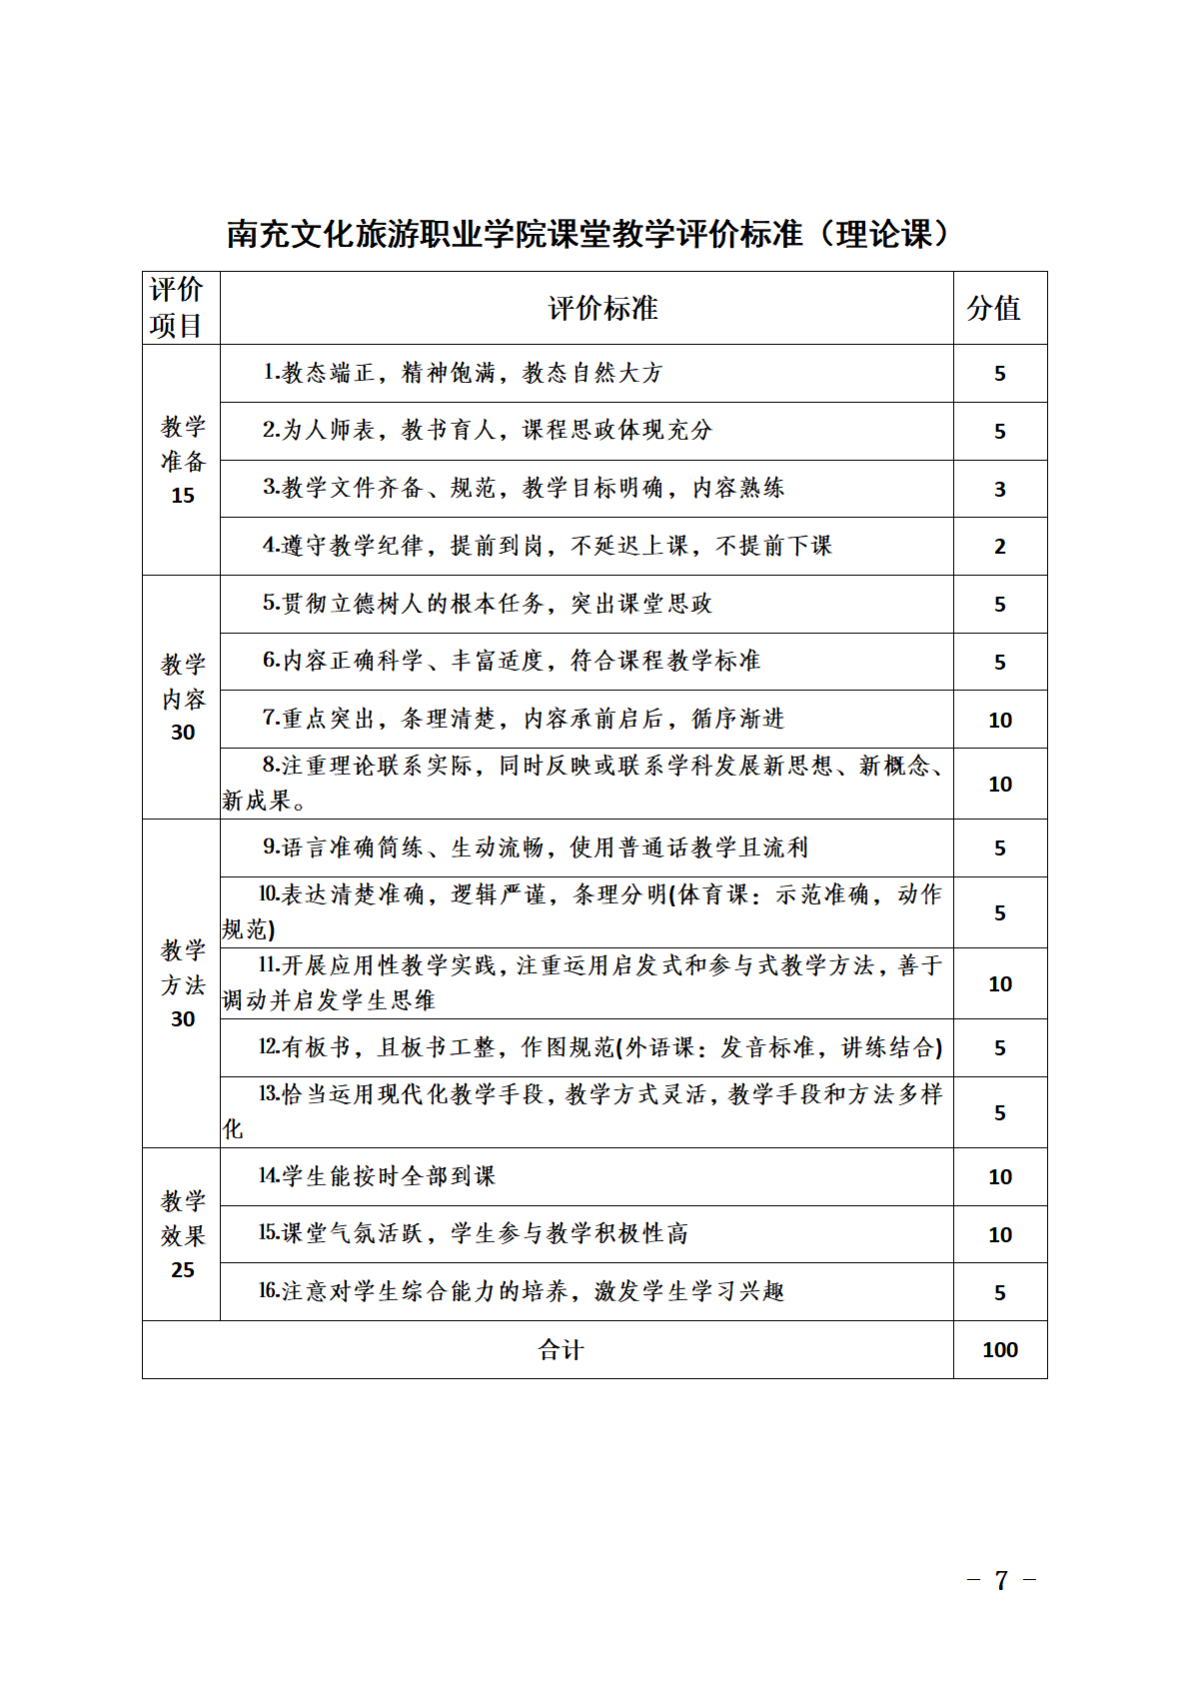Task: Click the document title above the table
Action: coord(588,234)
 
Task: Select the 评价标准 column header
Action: coord(602,309)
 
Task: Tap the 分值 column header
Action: coord(994,309)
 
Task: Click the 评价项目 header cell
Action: coord(177,308)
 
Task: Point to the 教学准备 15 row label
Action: coord(183,460)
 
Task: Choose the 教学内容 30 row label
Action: coord(183,698)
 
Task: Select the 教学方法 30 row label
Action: coord(183,983)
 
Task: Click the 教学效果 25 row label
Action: coord(183,1234)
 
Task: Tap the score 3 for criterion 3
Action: coord(999,490)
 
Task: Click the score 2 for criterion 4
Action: coord(999,547)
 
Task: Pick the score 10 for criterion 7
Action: coord(999,721)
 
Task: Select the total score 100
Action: coord(999,1350)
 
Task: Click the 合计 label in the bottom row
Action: coord(561,1350)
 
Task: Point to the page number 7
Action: coord(1001,1580)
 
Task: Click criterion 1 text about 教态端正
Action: coord(463,374)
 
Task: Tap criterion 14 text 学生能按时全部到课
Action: coord(377,1176)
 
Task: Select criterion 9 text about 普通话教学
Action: coord(536,848)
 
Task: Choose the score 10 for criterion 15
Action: coord(999,1235)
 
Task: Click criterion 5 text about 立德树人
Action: coord(488,604)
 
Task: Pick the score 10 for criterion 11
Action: coord(999,984)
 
